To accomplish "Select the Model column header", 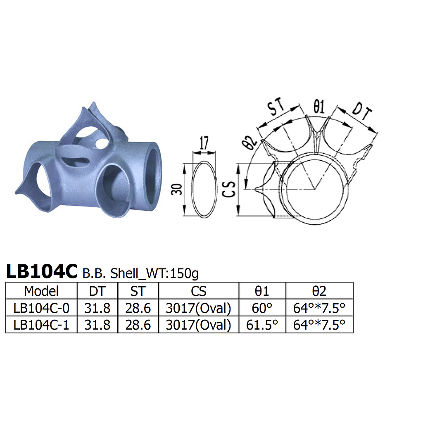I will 41,291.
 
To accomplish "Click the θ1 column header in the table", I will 262,291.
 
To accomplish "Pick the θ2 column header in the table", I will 319,291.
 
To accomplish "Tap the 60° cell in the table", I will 262,308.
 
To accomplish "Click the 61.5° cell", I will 262,325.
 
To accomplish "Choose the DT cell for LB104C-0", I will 97,308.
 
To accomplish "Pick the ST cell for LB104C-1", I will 138,325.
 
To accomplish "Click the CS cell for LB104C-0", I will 198,308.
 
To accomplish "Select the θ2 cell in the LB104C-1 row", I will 319,325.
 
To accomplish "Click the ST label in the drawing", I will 276,107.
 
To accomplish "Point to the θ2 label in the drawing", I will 250,143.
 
